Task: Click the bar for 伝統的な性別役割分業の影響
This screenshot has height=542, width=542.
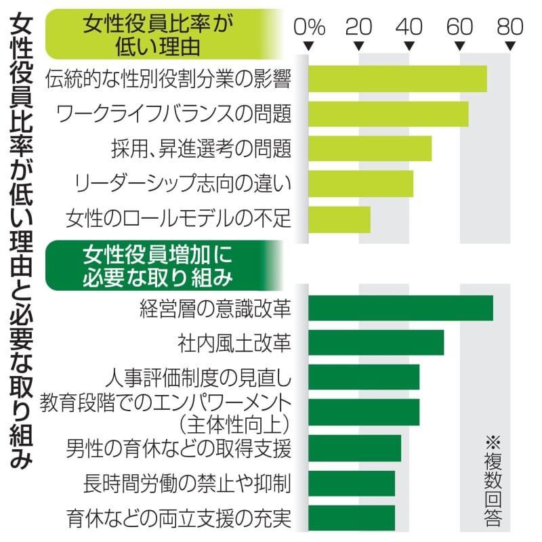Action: tap(398, 79)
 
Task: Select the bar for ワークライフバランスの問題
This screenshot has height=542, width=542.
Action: tap(388, 113)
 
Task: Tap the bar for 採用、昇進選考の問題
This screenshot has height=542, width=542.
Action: tap(370, 148)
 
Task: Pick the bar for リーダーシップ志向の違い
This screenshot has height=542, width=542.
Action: tap(360, 184)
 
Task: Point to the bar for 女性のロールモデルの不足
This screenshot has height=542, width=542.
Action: tap(339, 219)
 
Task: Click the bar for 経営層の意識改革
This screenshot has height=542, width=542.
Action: tap(400, 308)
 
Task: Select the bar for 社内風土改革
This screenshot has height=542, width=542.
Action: tap(376, 343)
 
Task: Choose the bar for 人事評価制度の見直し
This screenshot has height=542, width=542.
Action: tap(364, 377)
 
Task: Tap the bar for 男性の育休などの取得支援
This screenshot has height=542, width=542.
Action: tap(354, 448)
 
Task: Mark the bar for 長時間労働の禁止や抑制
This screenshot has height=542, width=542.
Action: tap(352, 483)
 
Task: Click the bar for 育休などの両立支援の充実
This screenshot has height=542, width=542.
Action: tap(352, 518)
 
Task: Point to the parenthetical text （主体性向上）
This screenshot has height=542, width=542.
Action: tap(235, 425)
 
